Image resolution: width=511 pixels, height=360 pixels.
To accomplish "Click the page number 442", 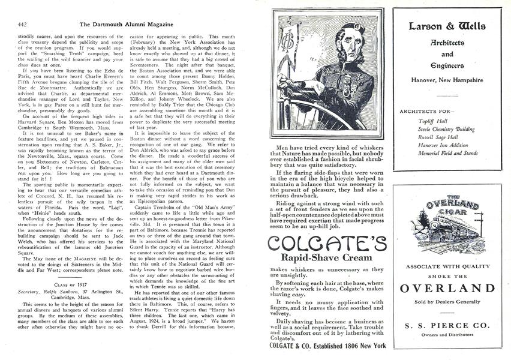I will tap(22, 8).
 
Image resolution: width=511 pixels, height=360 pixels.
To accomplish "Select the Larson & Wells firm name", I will tap(447, 26).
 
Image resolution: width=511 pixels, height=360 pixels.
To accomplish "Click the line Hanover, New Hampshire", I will tap(447, 80).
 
